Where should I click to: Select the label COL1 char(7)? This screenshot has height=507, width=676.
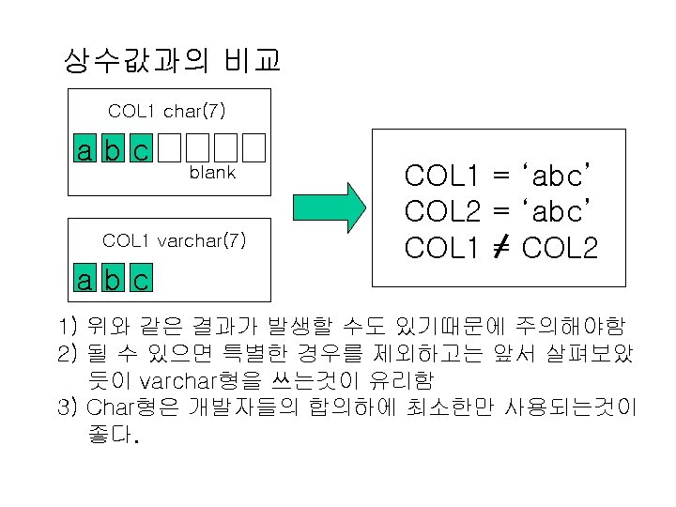(166, 112)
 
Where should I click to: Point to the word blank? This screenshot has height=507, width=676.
(212, 173)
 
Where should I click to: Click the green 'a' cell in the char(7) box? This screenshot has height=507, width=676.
(85, 148)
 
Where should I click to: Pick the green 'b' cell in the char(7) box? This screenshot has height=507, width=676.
(113, 148)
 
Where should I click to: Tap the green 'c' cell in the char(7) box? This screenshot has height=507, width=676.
(140, 148)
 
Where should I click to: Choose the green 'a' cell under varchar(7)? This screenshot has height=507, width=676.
(85, 280)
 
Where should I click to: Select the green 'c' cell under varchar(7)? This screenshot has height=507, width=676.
(140, 280)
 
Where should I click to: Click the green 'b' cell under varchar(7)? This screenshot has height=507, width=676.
(113, 280)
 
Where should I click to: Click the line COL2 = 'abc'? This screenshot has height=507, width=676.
(499, 210)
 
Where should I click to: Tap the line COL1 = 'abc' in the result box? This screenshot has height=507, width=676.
(499, 175)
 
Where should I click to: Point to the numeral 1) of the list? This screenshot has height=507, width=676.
(67, 328)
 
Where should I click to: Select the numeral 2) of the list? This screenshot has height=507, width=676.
(67, 354)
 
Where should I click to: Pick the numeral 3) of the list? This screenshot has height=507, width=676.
(67, 408)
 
